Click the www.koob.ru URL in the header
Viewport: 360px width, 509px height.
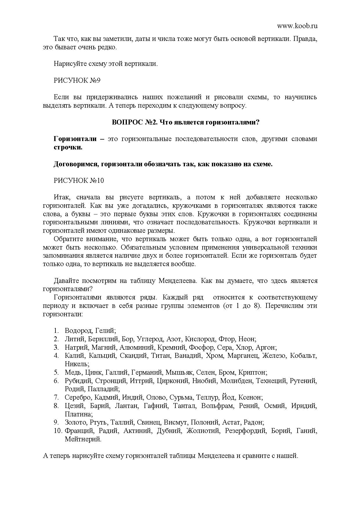coord(297,26)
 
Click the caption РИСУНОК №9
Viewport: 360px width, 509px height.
coord(77,80)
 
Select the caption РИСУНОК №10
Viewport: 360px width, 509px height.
coord(79,181)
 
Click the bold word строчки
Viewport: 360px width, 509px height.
coord(68,147)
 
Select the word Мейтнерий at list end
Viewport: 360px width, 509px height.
coord(83,439)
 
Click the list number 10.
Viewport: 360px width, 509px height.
coord(57,431)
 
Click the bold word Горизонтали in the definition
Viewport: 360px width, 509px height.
coord(75,139)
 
